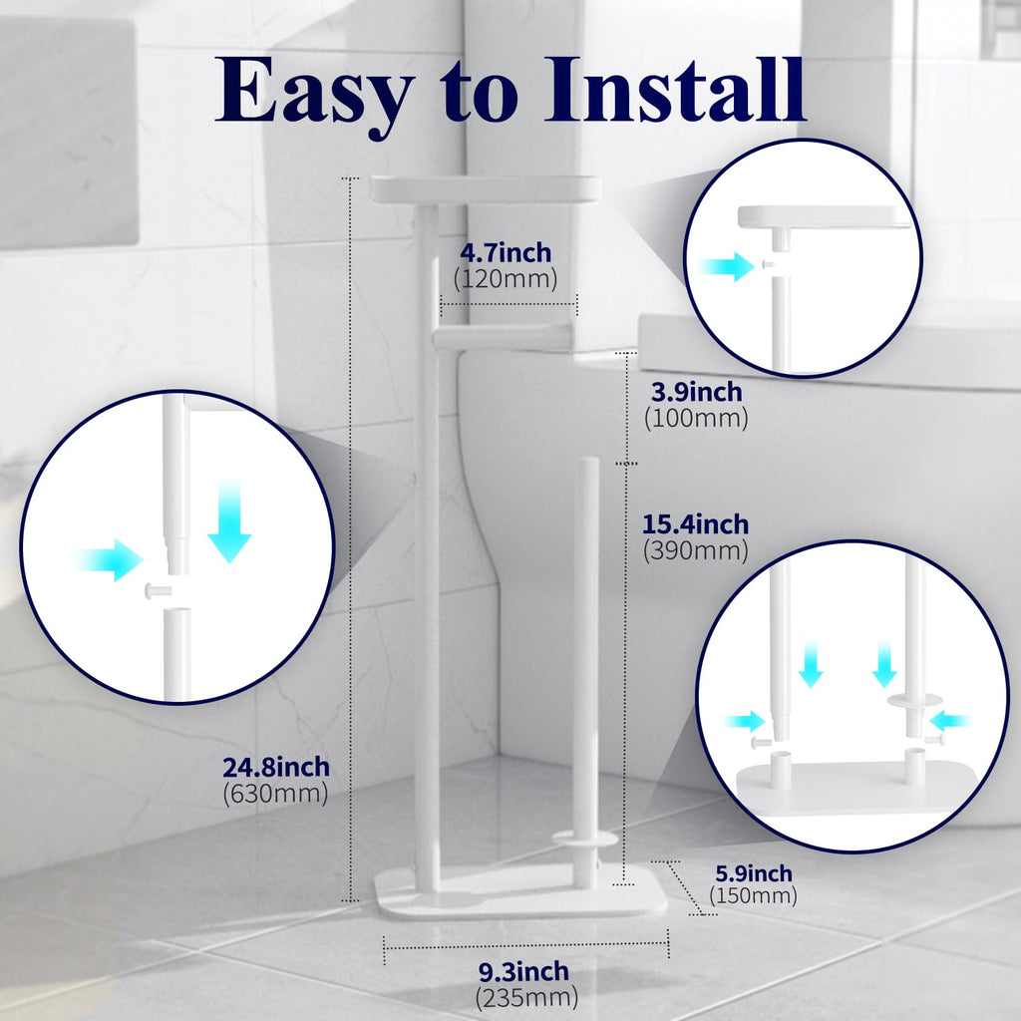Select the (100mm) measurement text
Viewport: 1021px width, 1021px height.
tap(695, 419)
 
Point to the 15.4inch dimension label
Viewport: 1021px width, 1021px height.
tap(696, 523)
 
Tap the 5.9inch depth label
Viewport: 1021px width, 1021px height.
tap(753, 873)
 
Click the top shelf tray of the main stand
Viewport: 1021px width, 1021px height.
tap(486, 188)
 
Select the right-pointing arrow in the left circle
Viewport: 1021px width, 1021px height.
tap(110, 559)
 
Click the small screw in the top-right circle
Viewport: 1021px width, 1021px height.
tap(765, 264)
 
